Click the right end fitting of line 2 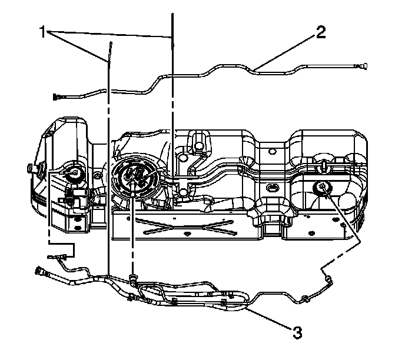(x=361, y=67)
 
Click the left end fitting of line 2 (x=57, y=95)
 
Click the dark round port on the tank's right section (x=321, y=188)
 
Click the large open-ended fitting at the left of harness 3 (x=42, y=272)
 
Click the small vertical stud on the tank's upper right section (x=323, y=165)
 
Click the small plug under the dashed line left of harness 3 (x=59, y=256)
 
